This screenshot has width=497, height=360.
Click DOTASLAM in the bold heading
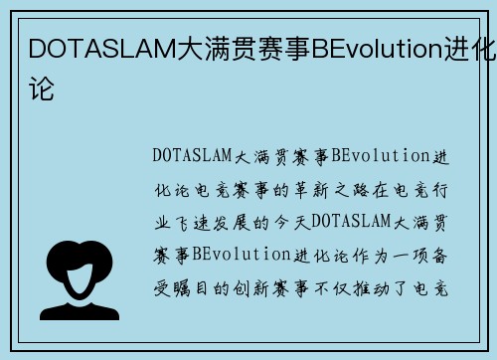pos(94,49)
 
